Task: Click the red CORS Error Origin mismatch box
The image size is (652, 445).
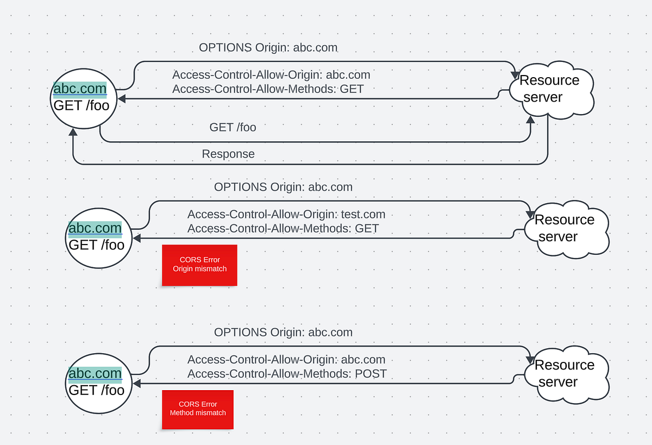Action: (x=199, y=265)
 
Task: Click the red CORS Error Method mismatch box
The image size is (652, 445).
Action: (x=198, y=409)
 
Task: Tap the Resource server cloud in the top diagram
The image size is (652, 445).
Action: (x=550, y=90)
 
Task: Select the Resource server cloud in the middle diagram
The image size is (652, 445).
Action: (x=566, y=229)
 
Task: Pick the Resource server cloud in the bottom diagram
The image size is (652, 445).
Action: (x=566, y=374)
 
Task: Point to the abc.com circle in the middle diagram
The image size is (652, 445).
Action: (x=96, y=237)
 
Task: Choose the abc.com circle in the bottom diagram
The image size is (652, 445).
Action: (x=96, y=383)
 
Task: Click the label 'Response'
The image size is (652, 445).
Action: (x=228, y=154)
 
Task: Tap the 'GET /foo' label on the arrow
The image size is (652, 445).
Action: (x=233, y=128)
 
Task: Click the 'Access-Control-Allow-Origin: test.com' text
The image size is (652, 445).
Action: (x=286, y=215)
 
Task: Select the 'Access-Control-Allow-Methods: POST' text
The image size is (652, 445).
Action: (x=287, y=374)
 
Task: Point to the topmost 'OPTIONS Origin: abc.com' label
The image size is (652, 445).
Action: (x=268, y=48)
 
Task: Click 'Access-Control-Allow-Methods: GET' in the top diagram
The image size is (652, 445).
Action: (x=268, y=89)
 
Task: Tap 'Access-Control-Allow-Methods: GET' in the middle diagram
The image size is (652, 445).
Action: (x=283, y=229)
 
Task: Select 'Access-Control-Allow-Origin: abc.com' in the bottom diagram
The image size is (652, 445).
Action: (x=286, y=360)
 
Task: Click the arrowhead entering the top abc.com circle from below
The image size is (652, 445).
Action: (x=73, y=133)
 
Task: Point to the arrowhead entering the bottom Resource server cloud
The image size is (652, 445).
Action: (x=529, y=360)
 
